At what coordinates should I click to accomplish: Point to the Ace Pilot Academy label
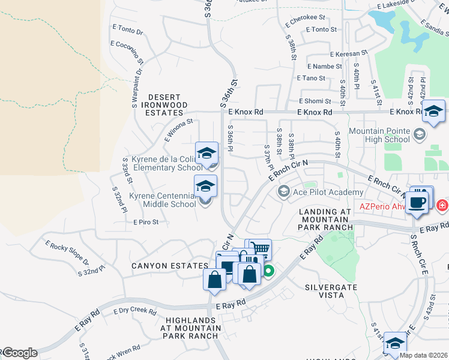pos(327,192)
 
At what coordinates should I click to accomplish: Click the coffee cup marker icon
pos(418,201)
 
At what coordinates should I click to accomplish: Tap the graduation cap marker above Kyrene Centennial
pos(205,186)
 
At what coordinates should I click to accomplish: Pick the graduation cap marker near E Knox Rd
pos(433,111)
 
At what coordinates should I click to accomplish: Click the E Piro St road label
pos(146,222)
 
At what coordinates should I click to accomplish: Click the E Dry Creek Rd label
pos(134,311)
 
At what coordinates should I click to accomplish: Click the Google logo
pos(19,353)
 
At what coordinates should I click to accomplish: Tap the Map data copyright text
pos(423,355)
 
